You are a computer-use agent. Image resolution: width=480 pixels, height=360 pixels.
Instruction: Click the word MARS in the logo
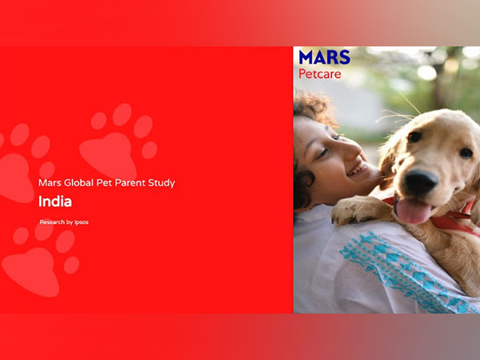pos(324,58)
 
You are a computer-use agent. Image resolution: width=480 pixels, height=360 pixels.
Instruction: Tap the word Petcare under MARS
pos(320,74)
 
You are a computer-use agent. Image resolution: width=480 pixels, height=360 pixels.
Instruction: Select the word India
pos(55,202)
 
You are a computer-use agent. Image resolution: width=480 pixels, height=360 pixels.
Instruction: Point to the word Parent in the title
pos(132,183)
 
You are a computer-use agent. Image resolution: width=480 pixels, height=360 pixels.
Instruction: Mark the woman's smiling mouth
pos(357,170)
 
